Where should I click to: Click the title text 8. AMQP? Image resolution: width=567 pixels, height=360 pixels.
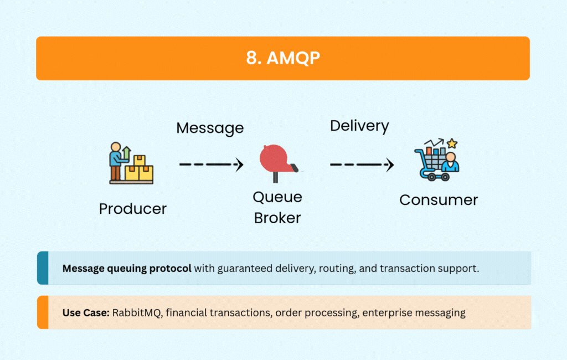coord(283,59)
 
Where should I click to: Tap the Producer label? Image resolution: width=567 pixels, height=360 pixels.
coord(132,209)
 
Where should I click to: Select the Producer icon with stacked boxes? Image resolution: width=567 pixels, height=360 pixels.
coord(131,163)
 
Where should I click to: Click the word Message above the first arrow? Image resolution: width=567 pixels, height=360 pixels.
coord(210,128)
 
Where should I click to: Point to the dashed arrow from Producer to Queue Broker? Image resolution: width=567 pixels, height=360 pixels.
coord(211,164)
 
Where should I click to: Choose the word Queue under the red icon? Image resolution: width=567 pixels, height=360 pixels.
coord(277,197)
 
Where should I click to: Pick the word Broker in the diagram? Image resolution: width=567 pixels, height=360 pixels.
coord(277,218)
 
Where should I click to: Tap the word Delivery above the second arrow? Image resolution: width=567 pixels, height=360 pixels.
coord(359,126)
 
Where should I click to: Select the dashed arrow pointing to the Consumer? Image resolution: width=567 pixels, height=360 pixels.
coord(362,164)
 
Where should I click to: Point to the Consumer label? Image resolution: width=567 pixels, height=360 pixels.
coord(439,200)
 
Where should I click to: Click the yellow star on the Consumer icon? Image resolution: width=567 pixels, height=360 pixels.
coord(452,143)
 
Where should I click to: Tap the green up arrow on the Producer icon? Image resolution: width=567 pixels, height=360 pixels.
coord(126,151)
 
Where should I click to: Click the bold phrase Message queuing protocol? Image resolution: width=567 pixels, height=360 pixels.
coord(127,269)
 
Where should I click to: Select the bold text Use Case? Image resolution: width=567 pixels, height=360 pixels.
coord(86,312)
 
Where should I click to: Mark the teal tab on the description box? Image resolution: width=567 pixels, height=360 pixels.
coord(43,268)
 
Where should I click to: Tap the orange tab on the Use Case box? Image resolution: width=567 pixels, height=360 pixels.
coord(43,312)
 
